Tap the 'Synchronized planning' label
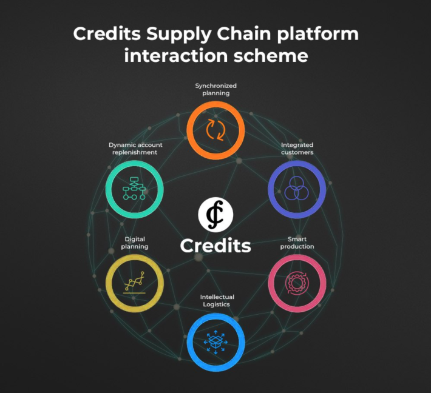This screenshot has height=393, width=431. pos(215,90)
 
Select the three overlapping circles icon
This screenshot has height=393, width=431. pos(296,189)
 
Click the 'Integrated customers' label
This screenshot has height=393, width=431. pos(297,149)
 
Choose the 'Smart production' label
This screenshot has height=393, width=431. pos(297,243)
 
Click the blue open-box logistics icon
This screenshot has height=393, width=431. pos(215,342)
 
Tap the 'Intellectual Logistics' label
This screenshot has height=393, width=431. pos(217,301)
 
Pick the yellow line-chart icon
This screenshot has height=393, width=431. pos(134,283)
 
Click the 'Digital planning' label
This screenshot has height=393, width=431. pos(135,243)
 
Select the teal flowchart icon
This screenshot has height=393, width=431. pos(134,189)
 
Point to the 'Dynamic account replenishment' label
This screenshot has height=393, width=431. pos(135,149)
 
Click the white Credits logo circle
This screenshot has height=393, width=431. pos(215,215)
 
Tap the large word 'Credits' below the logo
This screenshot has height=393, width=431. pos(215,246)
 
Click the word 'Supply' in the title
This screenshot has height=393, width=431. pos(178,35)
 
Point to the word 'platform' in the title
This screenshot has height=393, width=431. pos(317,35)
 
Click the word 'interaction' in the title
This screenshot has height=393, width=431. pos(176,55)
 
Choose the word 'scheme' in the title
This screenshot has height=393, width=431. pos(271,55)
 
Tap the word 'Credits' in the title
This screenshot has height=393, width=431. pos(107,33)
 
